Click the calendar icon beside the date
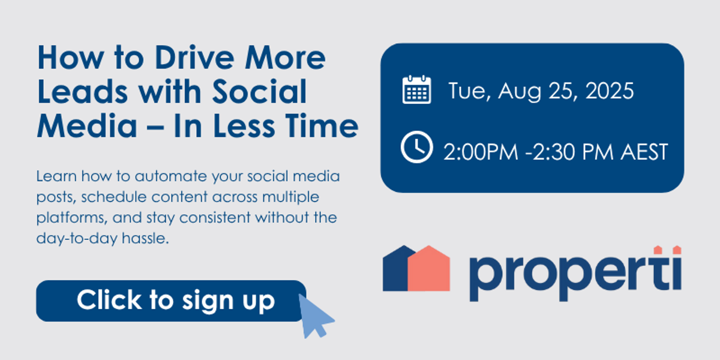[x=416, y=89]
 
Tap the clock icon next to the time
[x=416, y=147]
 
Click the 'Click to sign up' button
[x=171, y=301]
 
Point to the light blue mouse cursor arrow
[x=315, y=317]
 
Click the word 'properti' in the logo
[x=575, y=274]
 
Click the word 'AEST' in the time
[x=644, y=152]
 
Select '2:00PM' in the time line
[x=481, y=152]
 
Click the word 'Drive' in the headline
[x=194, y=58]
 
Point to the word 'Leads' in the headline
[x=83, y=92]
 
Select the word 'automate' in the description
[x=170, y=176]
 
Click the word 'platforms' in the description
[x=71, y=218]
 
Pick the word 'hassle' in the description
[x=145, y=239]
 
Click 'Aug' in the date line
[x=520, y=92]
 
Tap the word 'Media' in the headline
[x=87, y=125]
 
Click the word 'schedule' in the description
[x=114, y=197]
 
